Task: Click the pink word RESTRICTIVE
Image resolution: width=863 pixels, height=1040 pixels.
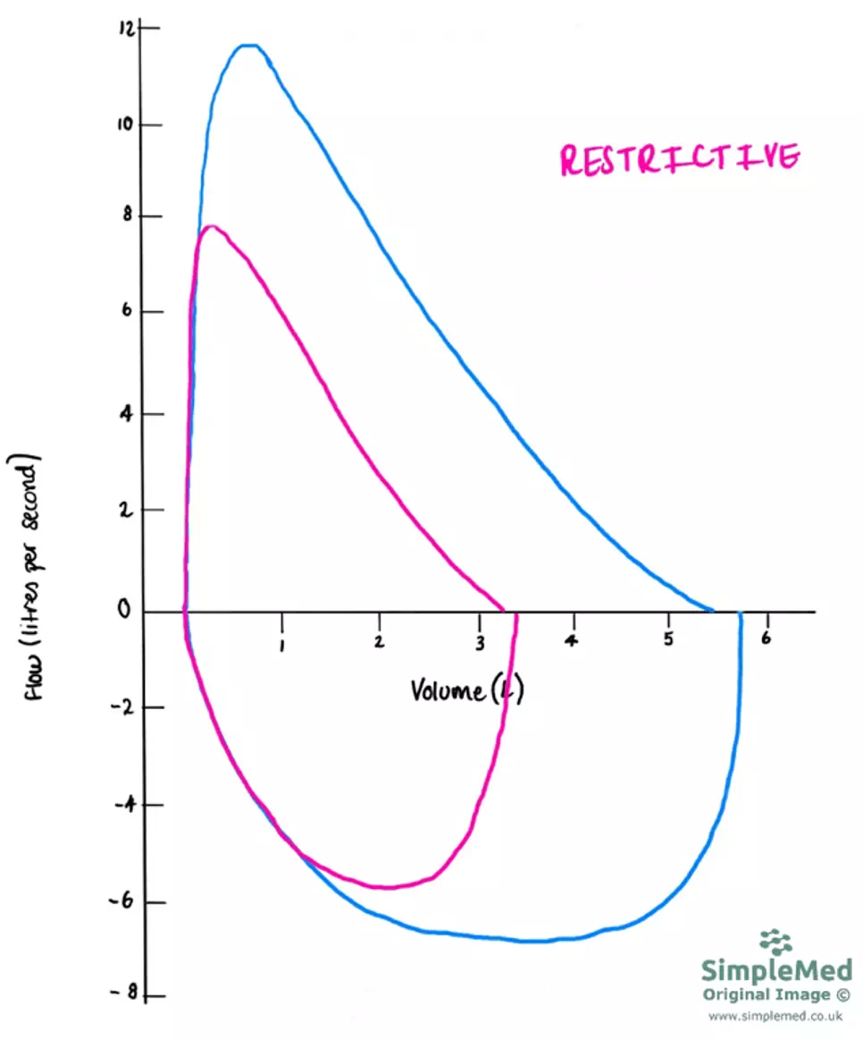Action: coord(679,158)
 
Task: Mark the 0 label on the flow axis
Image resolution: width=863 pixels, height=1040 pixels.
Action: coord(129,612)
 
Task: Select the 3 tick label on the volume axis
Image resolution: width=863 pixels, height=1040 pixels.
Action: coord(480,642)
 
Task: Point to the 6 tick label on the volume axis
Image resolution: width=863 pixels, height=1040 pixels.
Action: coord(765,638)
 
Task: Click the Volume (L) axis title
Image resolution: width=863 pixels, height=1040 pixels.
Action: coord(465,689)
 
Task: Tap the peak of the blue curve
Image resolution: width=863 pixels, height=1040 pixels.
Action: coord(247,45)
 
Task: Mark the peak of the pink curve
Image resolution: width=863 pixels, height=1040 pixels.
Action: coord(211,226)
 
